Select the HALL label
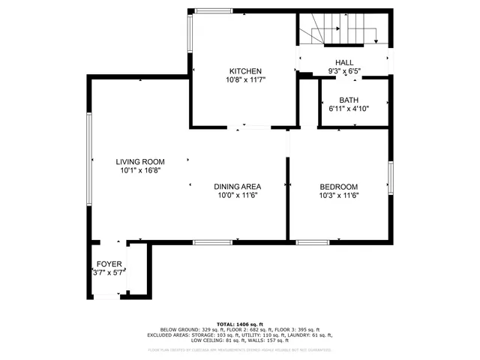[344, 63]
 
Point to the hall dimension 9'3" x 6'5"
[344, 72]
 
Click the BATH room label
[349, 100]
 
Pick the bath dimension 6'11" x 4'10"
[349, 109]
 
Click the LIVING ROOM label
[140, 161]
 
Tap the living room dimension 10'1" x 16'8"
[140, 170]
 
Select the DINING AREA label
[237, 187]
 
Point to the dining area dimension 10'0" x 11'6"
[237, 196]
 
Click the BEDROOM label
[339, 187]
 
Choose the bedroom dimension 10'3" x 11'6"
[339, 196]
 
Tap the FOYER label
[109, 264]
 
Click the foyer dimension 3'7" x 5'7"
[109, 273]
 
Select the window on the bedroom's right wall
[390, 178]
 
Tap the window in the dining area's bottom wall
[212, 241]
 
